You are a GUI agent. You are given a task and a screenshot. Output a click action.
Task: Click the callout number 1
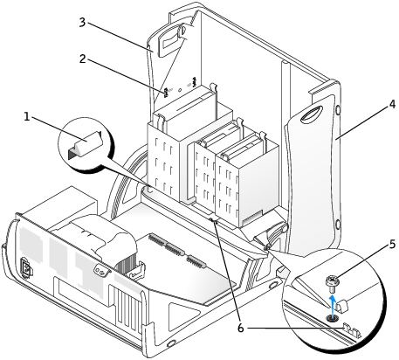[27, 117]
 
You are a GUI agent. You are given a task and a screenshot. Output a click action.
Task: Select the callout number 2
[83, 59]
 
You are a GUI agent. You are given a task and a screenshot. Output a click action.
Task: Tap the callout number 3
[82, 22]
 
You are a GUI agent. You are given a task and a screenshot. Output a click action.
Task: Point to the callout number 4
[392, 104]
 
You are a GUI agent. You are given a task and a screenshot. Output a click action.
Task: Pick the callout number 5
[392, 244]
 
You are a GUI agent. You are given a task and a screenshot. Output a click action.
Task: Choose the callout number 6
[240, 329]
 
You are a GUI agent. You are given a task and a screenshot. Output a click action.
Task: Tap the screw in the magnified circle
[332, 284]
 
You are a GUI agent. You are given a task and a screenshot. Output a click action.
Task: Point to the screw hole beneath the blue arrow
[332, 318]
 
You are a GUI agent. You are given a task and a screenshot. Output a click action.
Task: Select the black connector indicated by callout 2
[166, 93]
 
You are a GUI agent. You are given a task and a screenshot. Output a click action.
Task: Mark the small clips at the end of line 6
[351, 329]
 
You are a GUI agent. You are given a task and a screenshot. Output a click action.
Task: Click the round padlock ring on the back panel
[101, 271]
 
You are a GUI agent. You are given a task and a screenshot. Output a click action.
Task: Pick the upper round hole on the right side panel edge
[337, 110]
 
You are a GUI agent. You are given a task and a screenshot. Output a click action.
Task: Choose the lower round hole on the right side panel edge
[337, 225]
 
